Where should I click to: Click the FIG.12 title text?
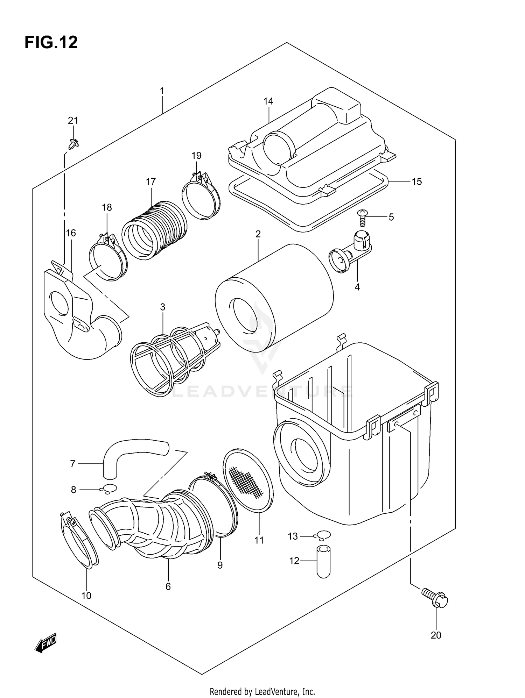[51, 43]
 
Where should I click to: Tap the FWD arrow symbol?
[45, 642]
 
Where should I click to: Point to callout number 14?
[268, 101]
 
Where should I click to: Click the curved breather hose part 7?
[133, 449]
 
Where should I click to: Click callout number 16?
[71, 233]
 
